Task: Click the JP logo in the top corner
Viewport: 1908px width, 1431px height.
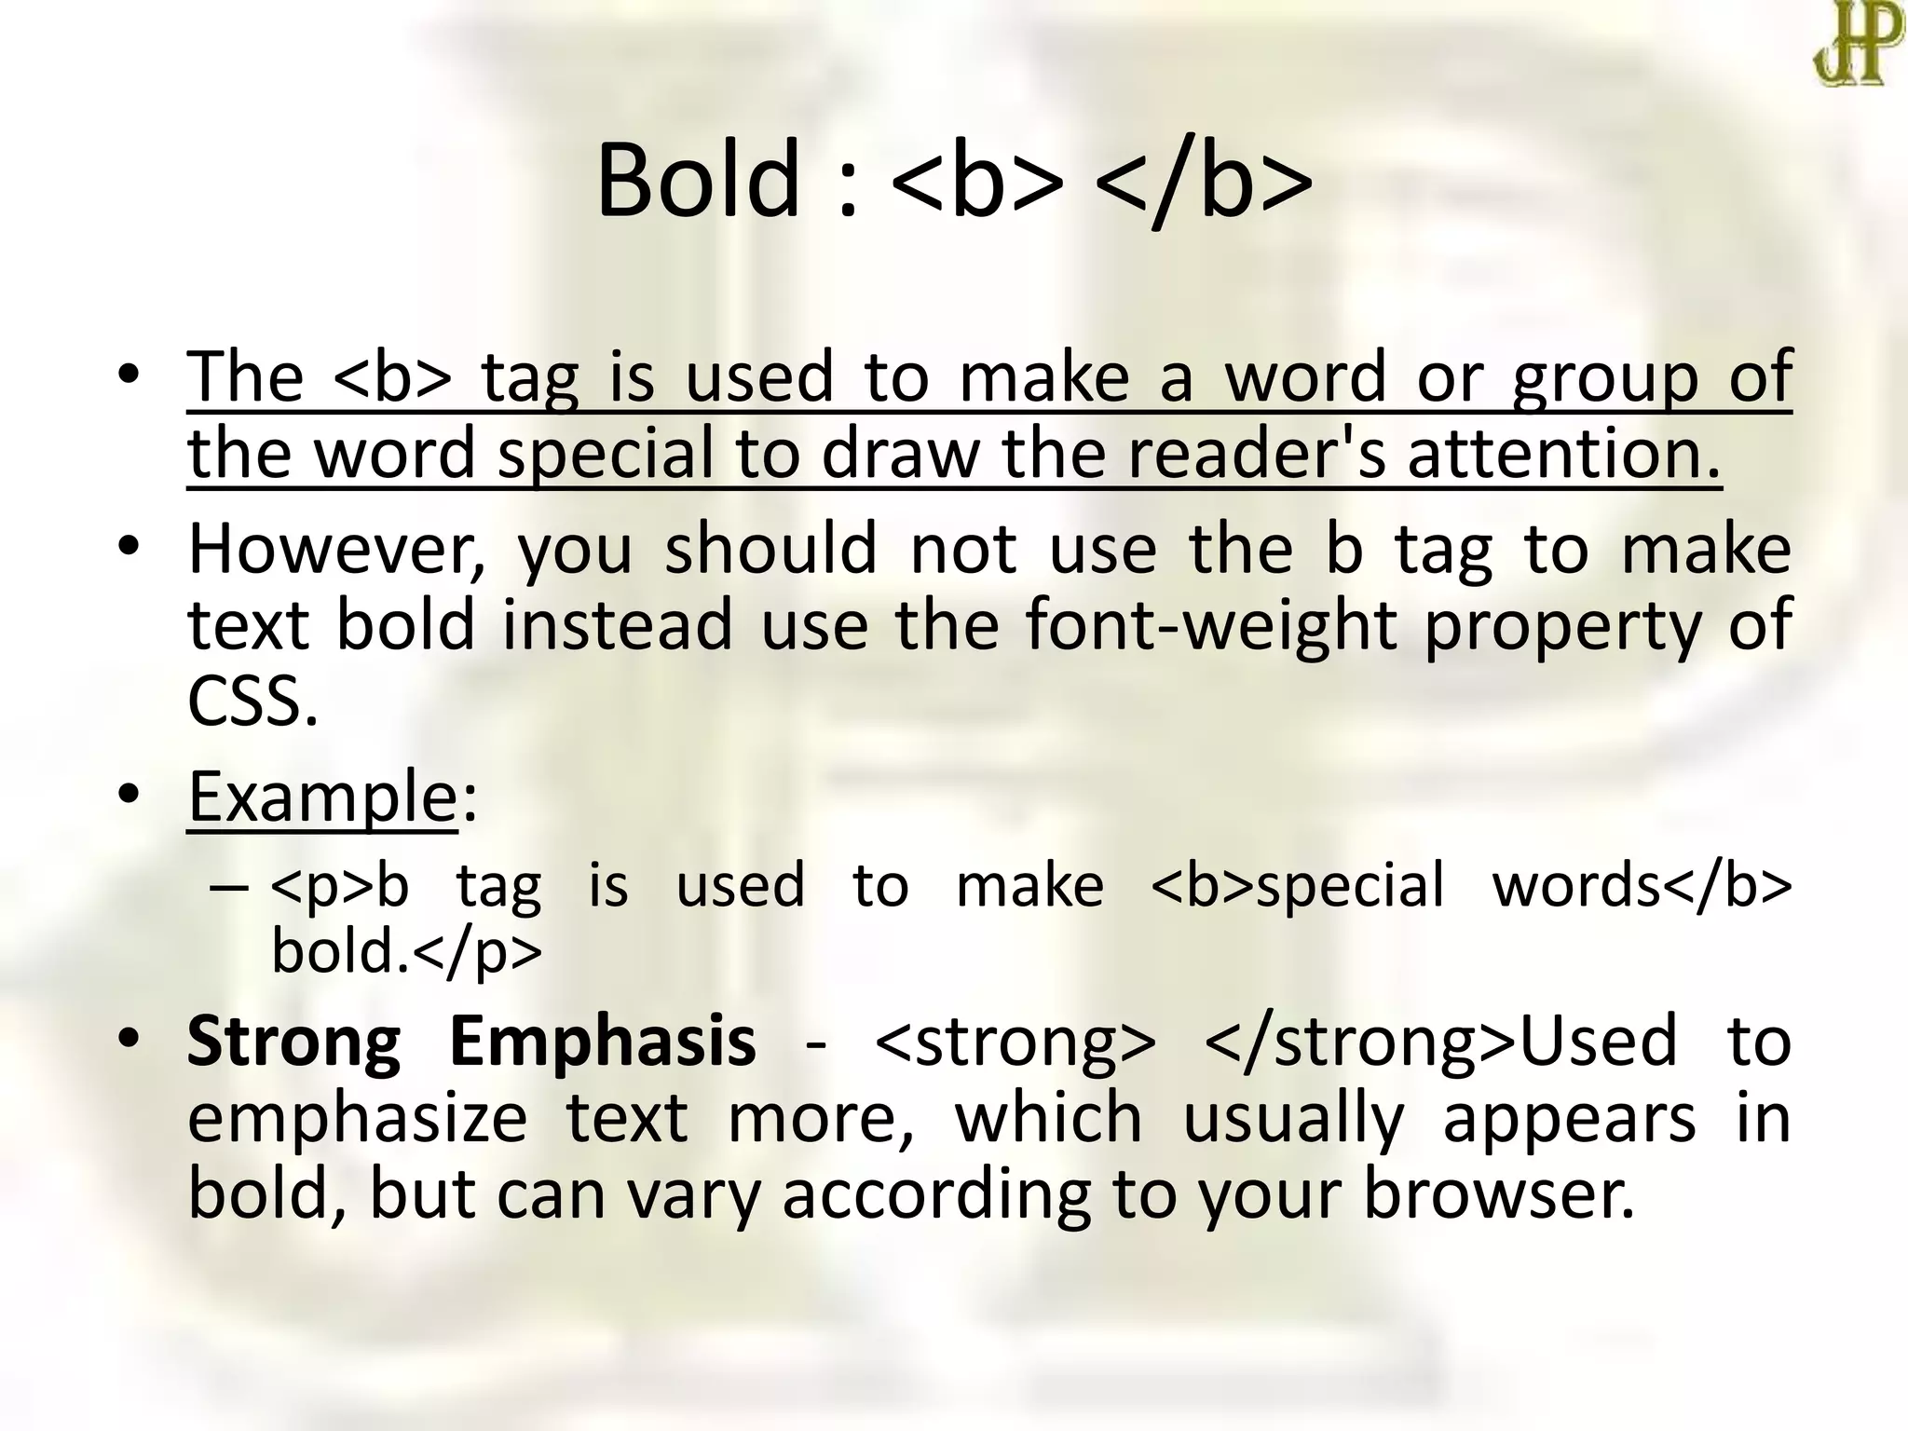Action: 1858,44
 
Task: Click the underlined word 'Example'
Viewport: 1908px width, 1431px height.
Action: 322,797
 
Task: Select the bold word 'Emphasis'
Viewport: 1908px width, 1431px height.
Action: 602,1041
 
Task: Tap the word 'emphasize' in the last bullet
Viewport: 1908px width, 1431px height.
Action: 358,1118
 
